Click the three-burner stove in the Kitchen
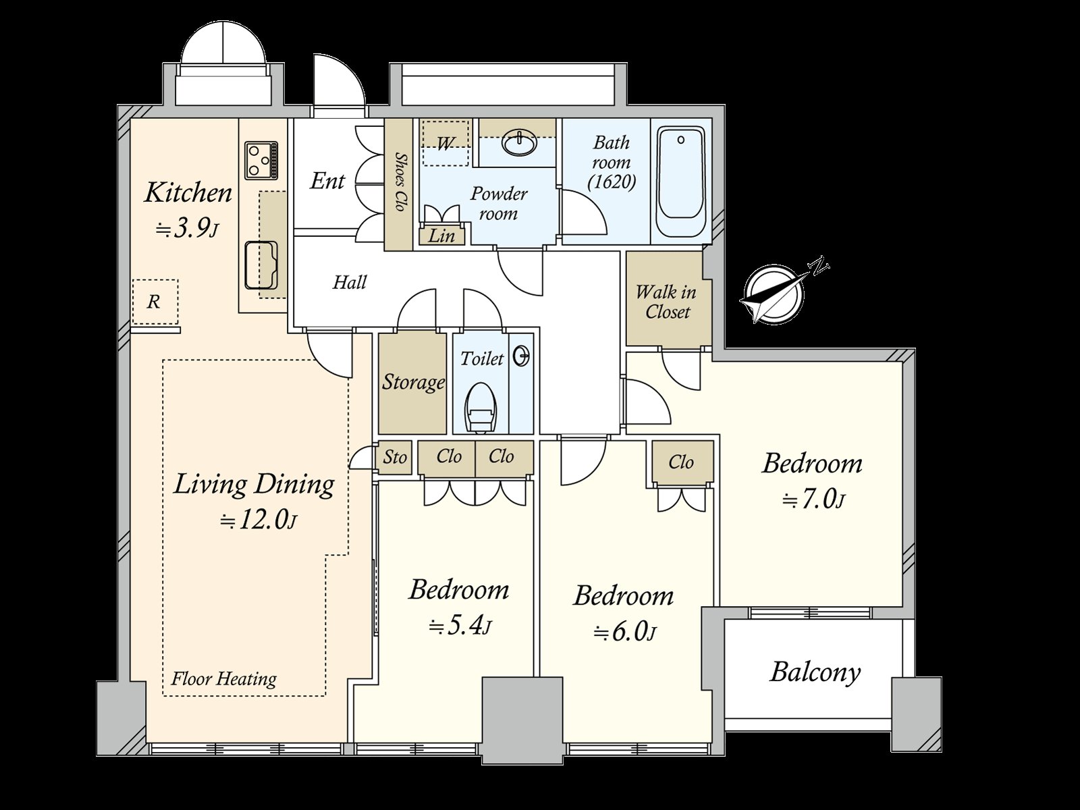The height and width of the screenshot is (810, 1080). (261, 161)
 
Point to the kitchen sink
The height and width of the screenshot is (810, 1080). (261, 265)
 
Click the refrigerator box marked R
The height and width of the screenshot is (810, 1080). (155, 302)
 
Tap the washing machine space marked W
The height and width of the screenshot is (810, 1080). (446, 143)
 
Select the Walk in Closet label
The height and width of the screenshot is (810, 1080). (666, 302)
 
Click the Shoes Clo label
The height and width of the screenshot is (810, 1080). (399, 182)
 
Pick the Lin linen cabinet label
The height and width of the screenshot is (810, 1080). (441, 236)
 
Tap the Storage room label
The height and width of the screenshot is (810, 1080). (413, 382)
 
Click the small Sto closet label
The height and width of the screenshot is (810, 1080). (395, 458)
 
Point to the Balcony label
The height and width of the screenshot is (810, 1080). (815, 673)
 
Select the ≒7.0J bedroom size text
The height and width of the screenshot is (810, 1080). (813, 500)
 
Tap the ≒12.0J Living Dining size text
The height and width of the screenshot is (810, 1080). (258, 520)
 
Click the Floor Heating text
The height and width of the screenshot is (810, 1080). (224, 679)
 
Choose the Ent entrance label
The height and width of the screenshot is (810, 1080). (327, 181)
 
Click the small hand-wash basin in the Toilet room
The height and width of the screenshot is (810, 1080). (521, 356)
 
